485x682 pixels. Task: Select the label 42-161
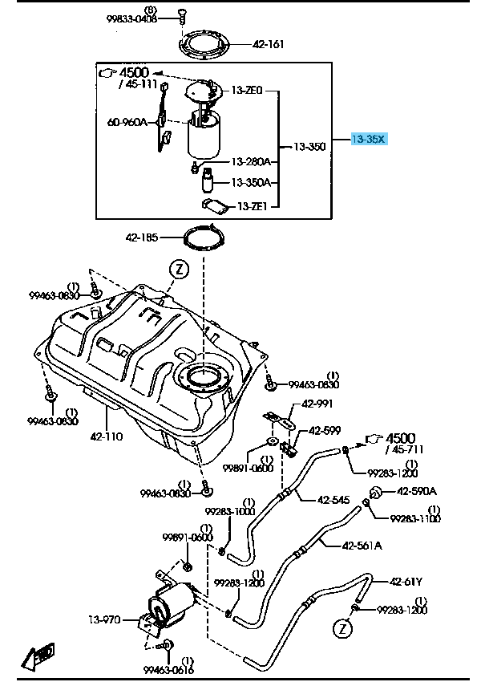[269, 45]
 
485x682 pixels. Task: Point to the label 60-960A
[127, 123]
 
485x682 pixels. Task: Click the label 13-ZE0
[247, 91]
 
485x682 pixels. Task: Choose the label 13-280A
[251, 161]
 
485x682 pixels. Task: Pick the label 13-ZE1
[252, 206]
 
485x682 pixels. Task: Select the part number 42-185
[141, 237]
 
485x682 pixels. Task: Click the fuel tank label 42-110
[107, 438]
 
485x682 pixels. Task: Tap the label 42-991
[317, 404]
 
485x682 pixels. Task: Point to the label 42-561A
[362, 546]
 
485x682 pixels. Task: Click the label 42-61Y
[406, 582]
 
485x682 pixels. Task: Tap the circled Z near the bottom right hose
[342, 627]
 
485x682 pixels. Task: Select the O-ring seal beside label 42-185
[203, 238]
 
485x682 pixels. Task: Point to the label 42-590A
[418, 491]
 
